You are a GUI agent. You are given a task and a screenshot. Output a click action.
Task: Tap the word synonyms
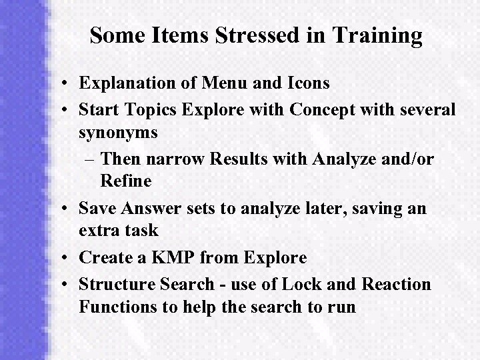(x=118, y=133)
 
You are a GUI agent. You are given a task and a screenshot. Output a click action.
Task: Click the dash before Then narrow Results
(x=91, y=157)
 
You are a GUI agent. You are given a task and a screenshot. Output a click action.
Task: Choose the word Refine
(x=127, y=181)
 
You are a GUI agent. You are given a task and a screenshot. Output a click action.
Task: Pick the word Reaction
(x=396, y=285)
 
